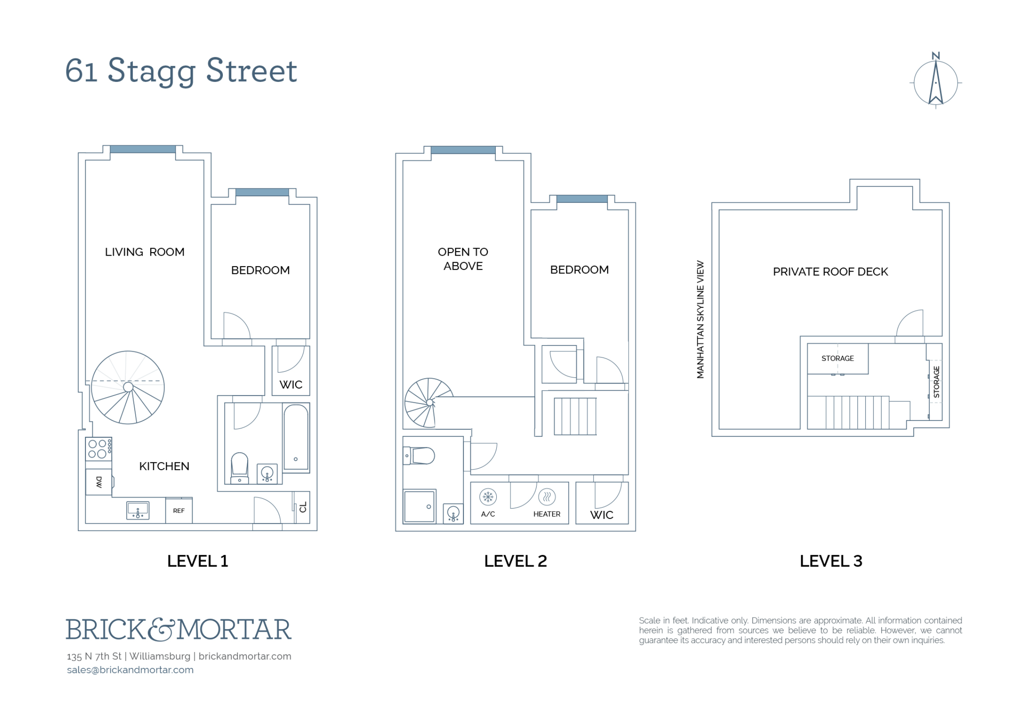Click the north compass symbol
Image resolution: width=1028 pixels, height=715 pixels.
tap(935, 81)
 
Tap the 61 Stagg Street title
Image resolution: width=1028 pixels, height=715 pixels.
tap(181, 71)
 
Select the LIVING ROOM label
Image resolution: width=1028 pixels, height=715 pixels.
tap(144, 252)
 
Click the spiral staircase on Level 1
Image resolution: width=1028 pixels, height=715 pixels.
tap(128, 387)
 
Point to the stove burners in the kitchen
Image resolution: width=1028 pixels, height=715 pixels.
tap(98, 449)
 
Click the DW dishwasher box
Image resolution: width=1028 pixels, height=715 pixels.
tap(99, 482)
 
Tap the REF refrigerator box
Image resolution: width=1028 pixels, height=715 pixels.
tap(179, 510)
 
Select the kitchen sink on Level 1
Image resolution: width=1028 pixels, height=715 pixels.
tap(138, 510)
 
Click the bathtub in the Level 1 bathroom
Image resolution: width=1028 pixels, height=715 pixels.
tap(296, 437)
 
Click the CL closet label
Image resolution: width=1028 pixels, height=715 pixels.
tap(303, 507)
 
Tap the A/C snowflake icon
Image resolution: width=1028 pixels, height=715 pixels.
tap(488, 497)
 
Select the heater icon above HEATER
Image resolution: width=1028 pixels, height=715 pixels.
tap(547, 497)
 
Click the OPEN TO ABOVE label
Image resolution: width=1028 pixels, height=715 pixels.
tap(463, 259)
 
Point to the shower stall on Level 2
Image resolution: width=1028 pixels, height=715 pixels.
tap(420, 507)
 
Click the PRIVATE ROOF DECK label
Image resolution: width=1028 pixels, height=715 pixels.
tap(830, 272)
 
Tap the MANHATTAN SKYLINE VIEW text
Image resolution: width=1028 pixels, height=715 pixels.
tap(700, 319)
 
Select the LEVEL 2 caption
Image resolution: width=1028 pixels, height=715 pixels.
tap(516, 561)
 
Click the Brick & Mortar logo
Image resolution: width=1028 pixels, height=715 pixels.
tap(179, 630)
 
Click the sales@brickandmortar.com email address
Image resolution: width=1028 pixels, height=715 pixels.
tap(130, 670)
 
